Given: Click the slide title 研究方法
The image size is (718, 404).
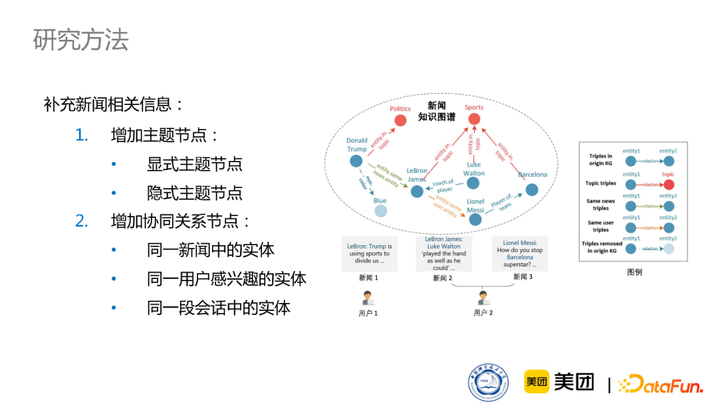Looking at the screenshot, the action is tap(80, 40).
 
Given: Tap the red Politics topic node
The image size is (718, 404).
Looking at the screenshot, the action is tap(400, 120).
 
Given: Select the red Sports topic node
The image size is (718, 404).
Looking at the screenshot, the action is tap(474, 119).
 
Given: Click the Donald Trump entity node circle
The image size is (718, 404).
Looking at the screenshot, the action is tap(357, 162).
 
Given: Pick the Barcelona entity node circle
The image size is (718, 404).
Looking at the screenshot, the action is tap(532, 189).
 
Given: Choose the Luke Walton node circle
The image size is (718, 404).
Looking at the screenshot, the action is tap(474, 183).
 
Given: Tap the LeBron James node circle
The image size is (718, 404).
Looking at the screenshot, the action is tap(417, 191).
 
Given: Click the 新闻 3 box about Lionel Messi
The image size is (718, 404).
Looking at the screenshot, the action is tap(520, 253).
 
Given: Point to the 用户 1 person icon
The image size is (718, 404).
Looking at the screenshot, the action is tap(368, 298).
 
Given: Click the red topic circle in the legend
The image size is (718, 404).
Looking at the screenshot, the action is tap(668, 184).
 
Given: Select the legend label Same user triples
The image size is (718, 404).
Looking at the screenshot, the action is tap(600, 226).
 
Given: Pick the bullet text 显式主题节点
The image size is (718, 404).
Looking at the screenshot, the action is tap(195, 164).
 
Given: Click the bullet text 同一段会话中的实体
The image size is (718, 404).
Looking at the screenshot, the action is tap(219, 308).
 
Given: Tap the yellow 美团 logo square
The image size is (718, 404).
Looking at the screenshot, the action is tap(537, 381).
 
